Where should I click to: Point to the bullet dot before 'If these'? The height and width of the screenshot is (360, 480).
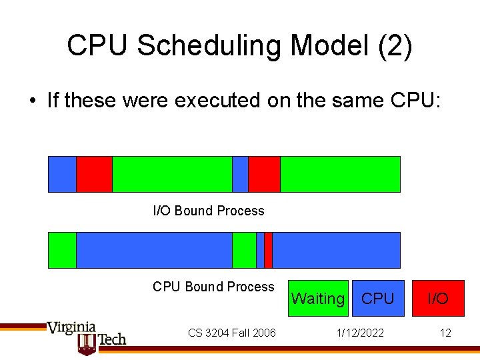click(x=32, y=101)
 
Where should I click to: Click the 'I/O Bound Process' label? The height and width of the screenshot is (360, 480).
click(x=209, y=211)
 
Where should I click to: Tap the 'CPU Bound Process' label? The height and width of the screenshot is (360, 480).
click(x=213, y=287)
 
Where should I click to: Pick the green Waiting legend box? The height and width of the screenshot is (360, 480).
click(x=318, y=298)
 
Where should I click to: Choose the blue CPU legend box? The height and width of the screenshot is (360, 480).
click(x=377, y=298)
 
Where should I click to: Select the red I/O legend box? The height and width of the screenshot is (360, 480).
click(x=437, y=298)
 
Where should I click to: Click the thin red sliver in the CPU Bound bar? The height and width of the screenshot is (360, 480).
click(x=268, y=250)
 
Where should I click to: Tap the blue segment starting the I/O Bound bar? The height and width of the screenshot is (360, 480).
click(x=62, y=174)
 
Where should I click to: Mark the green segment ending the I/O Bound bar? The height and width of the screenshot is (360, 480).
click(x=340, y=174)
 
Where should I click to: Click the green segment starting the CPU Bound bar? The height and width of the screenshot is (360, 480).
click(x=62, y=250)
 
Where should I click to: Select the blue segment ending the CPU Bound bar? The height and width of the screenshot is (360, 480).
click(x=336, y=250)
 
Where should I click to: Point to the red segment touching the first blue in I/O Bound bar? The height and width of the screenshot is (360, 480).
click(x=94, y=174)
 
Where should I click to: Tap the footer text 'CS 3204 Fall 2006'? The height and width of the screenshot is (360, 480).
click(x=231, y=333)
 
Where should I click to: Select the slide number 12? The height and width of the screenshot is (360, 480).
click(x=445, y=333)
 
